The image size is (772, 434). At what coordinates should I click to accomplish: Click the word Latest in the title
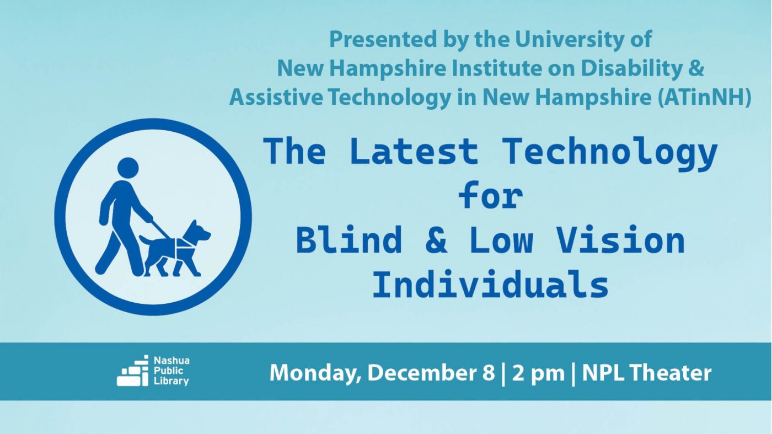[414, 151]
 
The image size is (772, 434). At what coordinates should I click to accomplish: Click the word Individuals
[490, 285]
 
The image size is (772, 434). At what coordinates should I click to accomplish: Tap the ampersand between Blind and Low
[436, 242]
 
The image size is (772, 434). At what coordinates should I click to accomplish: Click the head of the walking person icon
[128, 168]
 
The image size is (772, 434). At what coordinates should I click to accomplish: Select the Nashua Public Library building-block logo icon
[132, 371]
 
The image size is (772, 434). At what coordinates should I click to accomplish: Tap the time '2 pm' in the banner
[538, 373]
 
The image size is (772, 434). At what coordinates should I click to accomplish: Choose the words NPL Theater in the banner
[646, 373]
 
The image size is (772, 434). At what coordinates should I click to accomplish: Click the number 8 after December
[488, 373]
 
